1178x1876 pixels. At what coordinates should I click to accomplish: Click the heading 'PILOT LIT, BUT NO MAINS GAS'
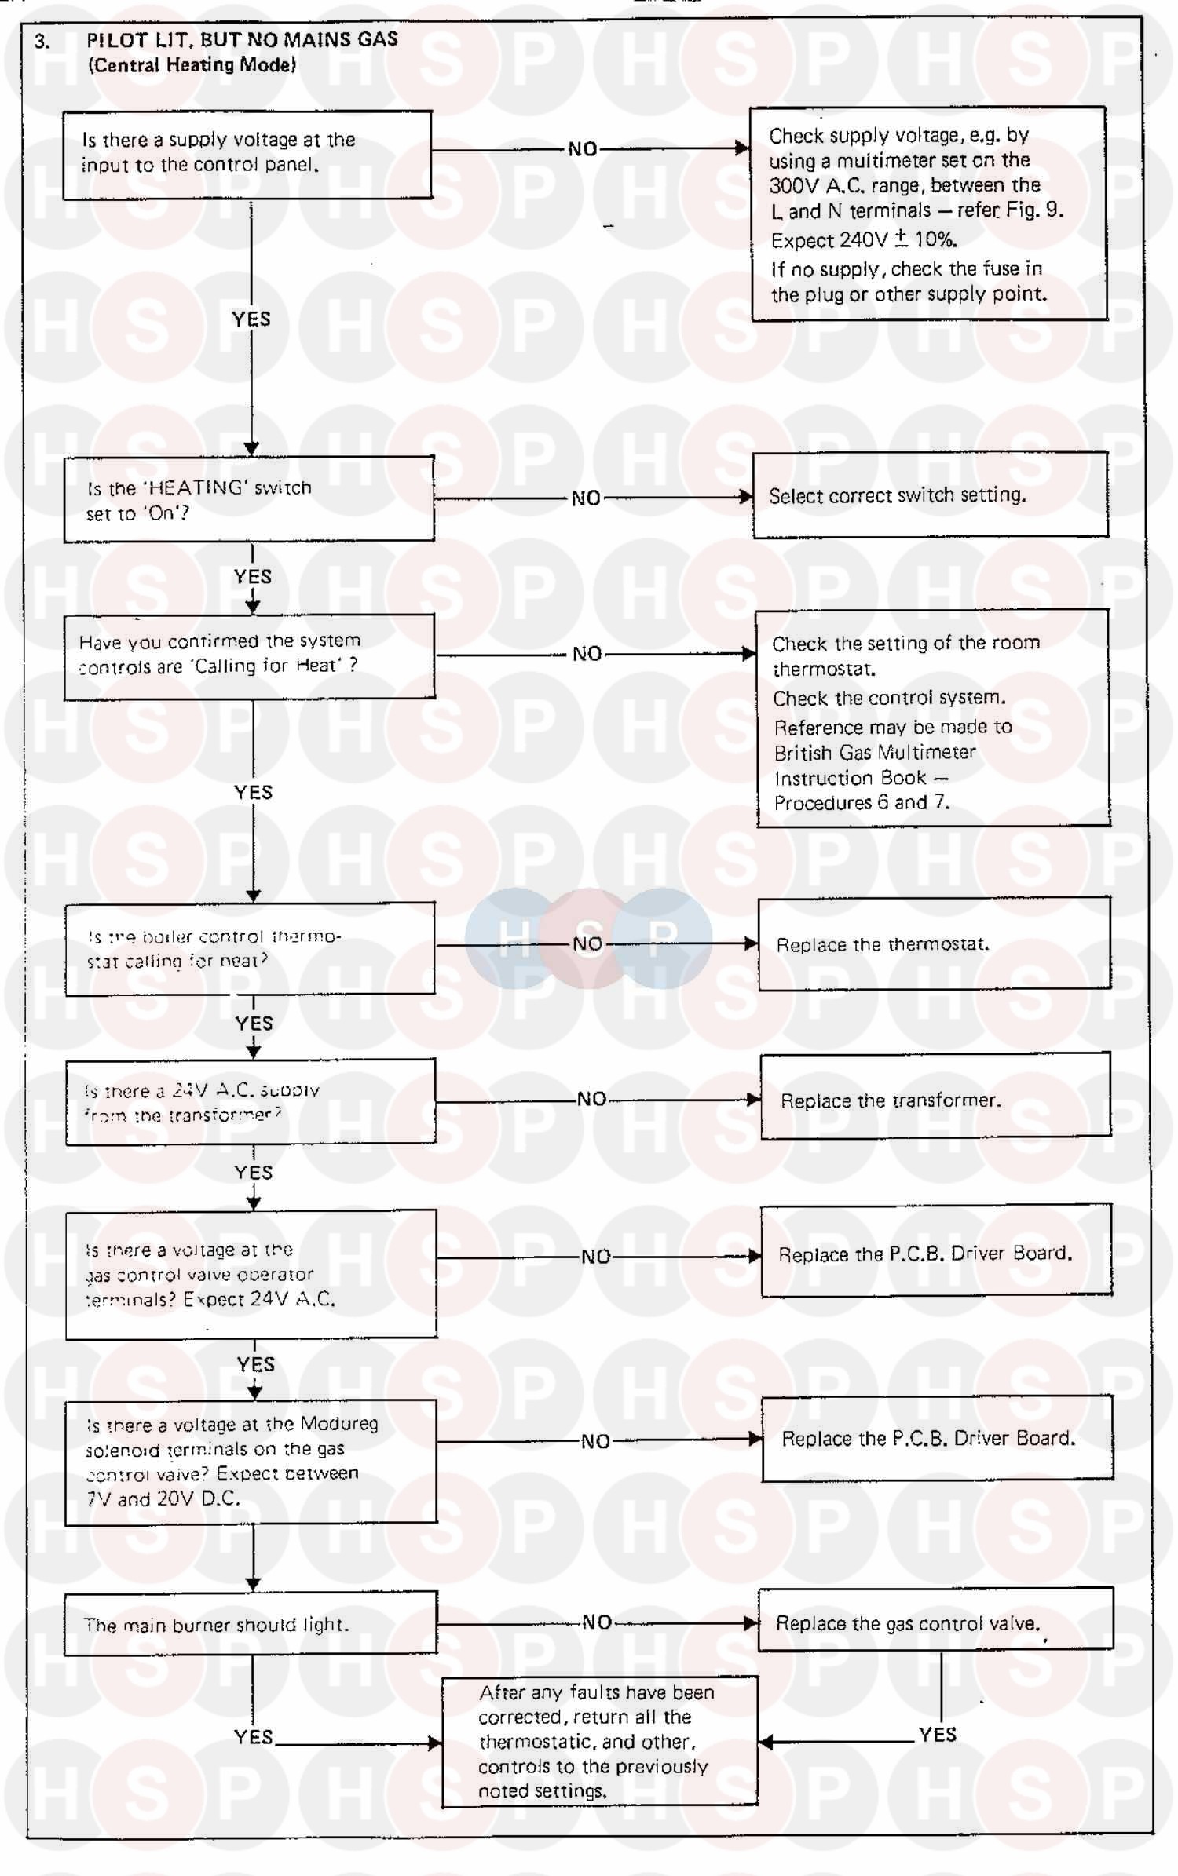pyautogui.click(x=242, y=39)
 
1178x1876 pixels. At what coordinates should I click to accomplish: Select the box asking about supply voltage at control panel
pyautogui.click(x=247, y=155)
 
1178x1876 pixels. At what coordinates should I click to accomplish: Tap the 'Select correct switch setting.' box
pyautogui.click(x=930, y=495)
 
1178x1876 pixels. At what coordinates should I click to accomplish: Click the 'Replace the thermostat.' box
pyautogui.click(x=934, y=943)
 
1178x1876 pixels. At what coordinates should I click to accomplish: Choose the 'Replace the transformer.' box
pyautogui.click(x=935, y=1099)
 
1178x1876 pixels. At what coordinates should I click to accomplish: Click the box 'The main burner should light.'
pyautogui.click(x=250, y=1623)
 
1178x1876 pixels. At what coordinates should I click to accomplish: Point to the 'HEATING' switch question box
pyautogui.click(x=249, y=499)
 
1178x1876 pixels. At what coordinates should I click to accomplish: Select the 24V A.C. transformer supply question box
pyautogui.click(x=251, y=1102)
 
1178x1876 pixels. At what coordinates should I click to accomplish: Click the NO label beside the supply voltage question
pyautogui.click(x=583, y=149)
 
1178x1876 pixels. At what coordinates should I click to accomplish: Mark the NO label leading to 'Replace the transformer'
pyautogui.click(x=592, y=1099)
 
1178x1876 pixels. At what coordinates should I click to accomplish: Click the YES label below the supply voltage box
pyautogui.click(x=251, y=319)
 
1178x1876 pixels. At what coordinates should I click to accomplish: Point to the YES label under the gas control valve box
pyautogui.click(x=938, y=1735)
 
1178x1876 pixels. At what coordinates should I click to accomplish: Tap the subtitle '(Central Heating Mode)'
pyautogui.click(x=192, y=64)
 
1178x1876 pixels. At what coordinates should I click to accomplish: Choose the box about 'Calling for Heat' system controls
pyautogui.click(x=250, y=655)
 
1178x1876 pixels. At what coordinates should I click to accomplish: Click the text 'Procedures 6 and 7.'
pyautogui.click(x=862, y=802)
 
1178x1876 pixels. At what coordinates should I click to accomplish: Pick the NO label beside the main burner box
pyautogui.click(x=597, y=1622)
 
